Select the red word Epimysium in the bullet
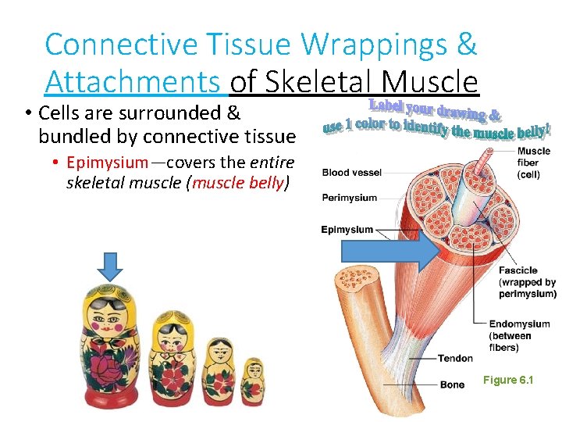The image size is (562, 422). coord(107,163)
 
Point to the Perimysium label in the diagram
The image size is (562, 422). coord(349,198)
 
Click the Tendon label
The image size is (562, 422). coord(454,358)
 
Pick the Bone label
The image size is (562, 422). coord(452,384)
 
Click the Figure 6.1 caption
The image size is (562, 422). coord(508,380)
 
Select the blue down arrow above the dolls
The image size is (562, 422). coord(111,266)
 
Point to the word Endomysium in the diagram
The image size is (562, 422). coord(519,324)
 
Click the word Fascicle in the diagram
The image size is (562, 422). coord(518,271)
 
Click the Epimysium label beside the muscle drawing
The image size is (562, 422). coord(347,230)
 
